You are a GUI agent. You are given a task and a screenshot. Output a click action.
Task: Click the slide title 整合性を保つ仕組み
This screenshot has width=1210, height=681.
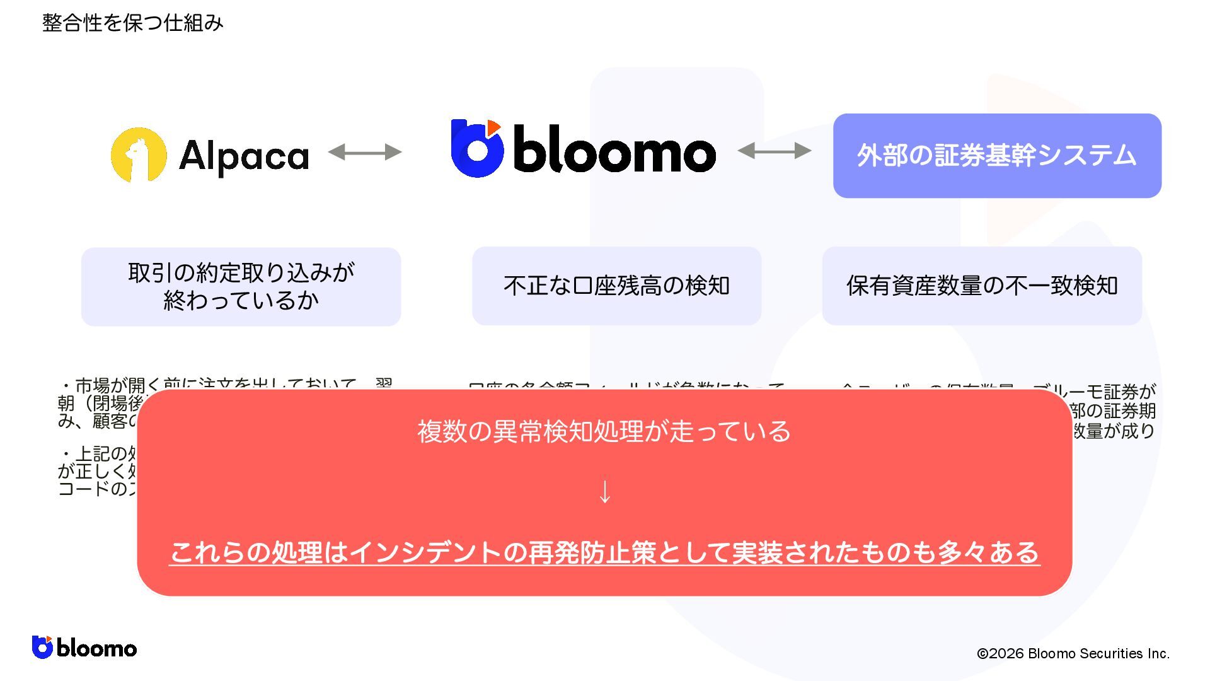132,23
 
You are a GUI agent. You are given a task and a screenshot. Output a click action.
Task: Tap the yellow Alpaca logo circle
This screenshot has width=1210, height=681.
139,155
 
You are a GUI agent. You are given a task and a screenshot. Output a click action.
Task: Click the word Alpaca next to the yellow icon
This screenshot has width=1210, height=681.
244,156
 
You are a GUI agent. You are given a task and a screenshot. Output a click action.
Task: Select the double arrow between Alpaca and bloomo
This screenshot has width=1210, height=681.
365,151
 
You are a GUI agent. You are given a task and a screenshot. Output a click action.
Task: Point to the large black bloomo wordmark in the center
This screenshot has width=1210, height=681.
614,149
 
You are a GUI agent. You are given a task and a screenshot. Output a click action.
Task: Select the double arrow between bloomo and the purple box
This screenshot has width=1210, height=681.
775,151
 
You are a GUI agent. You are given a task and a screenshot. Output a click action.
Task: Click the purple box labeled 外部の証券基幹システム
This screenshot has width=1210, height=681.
997,156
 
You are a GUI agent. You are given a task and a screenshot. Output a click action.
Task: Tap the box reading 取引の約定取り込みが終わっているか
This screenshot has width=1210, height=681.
241,286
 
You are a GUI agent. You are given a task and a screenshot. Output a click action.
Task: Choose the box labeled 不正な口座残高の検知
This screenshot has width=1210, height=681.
616,286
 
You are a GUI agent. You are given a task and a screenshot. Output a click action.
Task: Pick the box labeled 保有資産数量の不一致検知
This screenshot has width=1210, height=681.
982,286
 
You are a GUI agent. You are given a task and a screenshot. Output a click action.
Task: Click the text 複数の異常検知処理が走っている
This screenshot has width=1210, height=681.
604,431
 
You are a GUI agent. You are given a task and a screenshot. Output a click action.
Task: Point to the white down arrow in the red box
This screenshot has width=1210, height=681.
604,492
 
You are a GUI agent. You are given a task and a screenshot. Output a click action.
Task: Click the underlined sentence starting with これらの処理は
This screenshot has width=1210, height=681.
604,552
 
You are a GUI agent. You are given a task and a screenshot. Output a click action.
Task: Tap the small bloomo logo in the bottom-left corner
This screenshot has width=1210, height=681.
84,648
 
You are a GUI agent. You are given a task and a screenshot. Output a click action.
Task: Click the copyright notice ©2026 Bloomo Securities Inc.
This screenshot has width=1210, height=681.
1073,653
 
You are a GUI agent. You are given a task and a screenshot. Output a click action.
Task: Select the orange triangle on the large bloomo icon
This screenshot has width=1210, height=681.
493,127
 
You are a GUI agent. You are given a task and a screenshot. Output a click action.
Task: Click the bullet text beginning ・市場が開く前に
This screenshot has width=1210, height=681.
227,384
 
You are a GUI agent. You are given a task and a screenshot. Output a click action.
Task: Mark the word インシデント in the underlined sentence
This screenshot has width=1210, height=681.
426,552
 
